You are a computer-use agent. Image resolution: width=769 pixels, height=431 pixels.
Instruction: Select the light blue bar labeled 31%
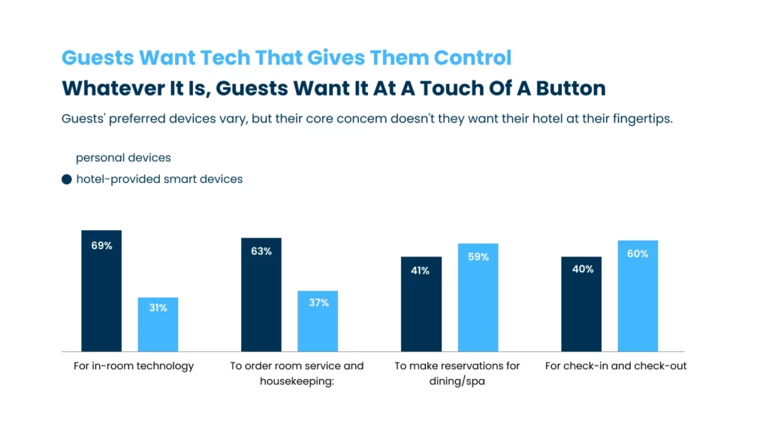pos(158,324)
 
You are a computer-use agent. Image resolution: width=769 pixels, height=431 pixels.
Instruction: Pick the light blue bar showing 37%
pos(318,321)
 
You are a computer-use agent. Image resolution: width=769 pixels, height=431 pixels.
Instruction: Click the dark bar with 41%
pos(421,304)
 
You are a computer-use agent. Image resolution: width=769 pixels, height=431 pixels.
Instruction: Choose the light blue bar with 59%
pos(478,297)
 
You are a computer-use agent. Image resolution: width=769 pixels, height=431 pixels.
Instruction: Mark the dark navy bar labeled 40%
pos(581,304)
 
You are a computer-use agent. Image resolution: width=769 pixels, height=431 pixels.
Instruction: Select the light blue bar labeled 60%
pos(638,296)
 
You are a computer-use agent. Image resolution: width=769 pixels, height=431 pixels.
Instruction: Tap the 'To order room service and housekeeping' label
pos(296,373)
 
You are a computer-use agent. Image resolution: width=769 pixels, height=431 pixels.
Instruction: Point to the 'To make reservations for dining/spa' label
pos(457,373)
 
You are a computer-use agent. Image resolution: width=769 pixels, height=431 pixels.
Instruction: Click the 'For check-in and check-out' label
pos(615,366)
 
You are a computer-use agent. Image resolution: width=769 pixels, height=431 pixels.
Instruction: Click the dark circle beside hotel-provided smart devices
pos(67,180)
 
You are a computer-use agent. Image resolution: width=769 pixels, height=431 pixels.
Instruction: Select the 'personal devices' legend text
pos(123,158)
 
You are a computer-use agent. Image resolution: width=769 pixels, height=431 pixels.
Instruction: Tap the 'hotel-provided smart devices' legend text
pos(159,180)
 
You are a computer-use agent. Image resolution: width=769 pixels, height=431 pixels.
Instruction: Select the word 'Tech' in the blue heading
pos(223,58)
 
